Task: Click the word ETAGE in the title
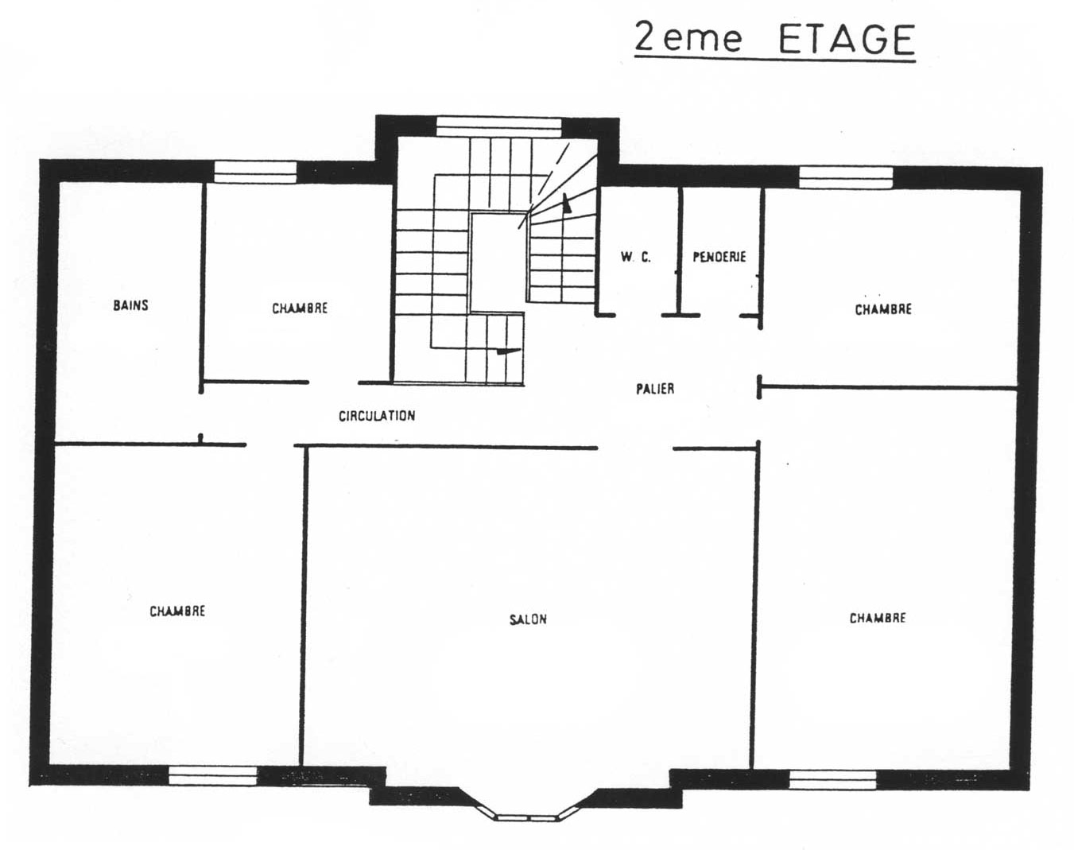(847, 39)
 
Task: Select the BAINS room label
(130, 305)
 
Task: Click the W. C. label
(636, 257)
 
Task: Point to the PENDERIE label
(719, 257)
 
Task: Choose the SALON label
(528, 619)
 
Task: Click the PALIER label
(655, 389)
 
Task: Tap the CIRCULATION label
(377, 416)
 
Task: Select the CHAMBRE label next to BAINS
(300, 309)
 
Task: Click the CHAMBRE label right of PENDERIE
(883, 309)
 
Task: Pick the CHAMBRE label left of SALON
(177, 611)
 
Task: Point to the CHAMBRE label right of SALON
(878, 619)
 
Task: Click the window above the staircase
(499, 126)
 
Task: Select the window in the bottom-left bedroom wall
(213, 775)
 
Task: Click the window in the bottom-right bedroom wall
(833, 779)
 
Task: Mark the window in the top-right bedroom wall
(846, 177)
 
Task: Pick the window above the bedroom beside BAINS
(255, 173)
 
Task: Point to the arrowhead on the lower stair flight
(507, 351)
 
